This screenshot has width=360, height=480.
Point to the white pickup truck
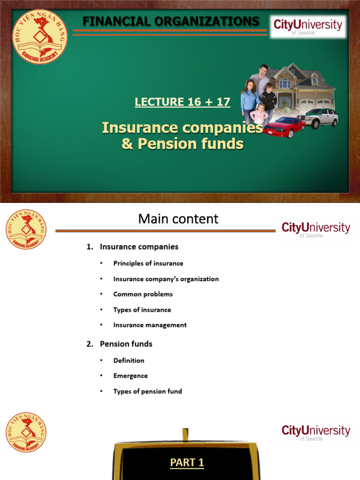pyautogui.click(x=318, y=117)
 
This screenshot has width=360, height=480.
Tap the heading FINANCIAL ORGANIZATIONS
pyautogui.click(x=171, y=21)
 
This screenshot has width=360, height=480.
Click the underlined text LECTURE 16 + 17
pyautogui.click(x=182, y=102)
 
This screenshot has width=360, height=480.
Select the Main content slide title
pyautogui.click(x=178, y=218)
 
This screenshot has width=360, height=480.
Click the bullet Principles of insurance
pyautogui.click(x=148, y=263)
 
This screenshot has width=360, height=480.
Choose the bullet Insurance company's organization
pyautogui.click(x=166, y=279)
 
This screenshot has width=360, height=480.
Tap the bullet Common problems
pyautogui.click(x=143, y=294)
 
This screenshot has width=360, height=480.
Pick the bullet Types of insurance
pyautogui.click(x=142, y=310)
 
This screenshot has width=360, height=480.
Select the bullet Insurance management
pyautogui.click(x=150, y=325)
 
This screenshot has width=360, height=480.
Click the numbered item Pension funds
pyautogui.click(x=126, y=344)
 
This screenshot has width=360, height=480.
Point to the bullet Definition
pyautogui.click(x=129, y=360)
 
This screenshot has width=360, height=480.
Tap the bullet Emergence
pyautogui.click(x=130, y=376)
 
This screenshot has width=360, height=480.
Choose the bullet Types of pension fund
pyautogui.click(x=148, y=391)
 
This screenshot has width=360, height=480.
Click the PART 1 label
pyautogui.click(x=187, y=463)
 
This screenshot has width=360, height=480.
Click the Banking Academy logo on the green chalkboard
pyautogui.click(x=39, y=36)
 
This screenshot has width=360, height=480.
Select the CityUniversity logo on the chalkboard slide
pyautogui.click(x=308, y=26)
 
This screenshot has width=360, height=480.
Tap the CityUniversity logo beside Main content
pyautogui.click(x=315, y=229)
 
